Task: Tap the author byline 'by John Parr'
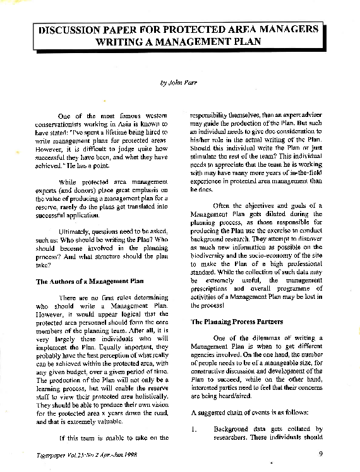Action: [179, 83]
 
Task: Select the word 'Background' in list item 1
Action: [235, 429]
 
